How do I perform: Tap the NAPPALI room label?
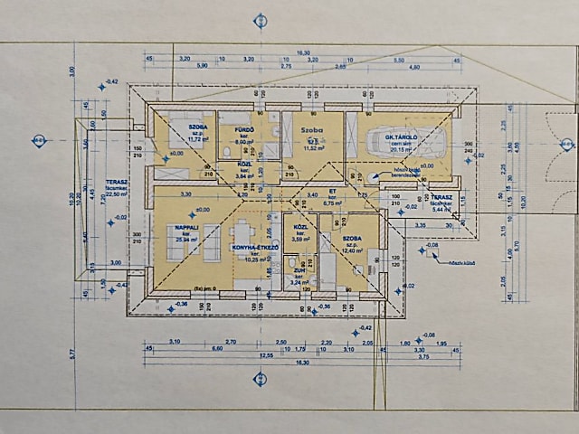pos(187,227)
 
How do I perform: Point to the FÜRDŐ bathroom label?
pos(243,130)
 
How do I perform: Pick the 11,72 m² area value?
pos(198,140)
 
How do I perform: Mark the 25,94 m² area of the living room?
pos(187,241)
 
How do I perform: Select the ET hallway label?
pos(331,193)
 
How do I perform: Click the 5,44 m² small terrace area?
pos(441,210)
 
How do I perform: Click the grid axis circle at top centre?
pos(261,20)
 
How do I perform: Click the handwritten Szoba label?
pos(311,130)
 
